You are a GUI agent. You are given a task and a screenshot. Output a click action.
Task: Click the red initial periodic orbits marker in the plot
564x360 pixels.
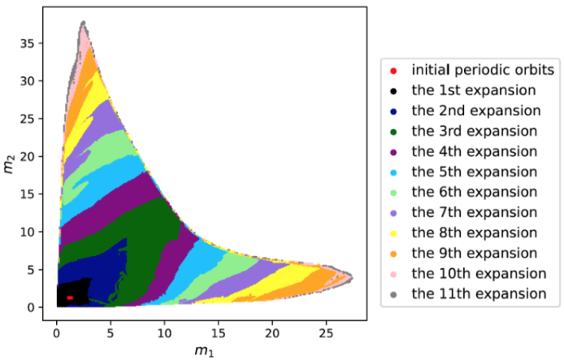71,297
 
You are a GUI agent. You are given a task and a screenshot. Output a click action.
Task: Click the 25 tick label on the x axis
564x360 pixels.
326,331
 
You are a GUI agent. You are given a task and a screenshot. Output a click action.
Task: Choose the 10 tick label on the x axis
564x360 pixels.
164,331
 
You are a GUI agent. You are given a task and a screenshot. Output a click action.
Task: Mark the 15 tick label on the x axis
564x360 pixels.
218,331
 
